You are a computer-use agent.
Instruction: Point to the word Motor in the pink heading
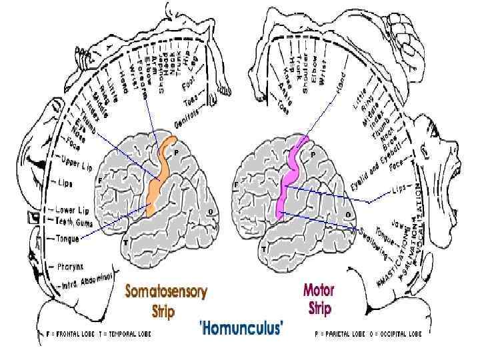coord(319,291)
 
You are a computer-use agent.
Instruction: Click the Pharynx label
coord(69,265)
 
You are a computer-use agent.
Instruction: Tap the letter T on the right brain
coord(264,249)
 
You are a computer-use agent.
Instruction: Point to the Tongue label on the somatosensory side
coord(67,238)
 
